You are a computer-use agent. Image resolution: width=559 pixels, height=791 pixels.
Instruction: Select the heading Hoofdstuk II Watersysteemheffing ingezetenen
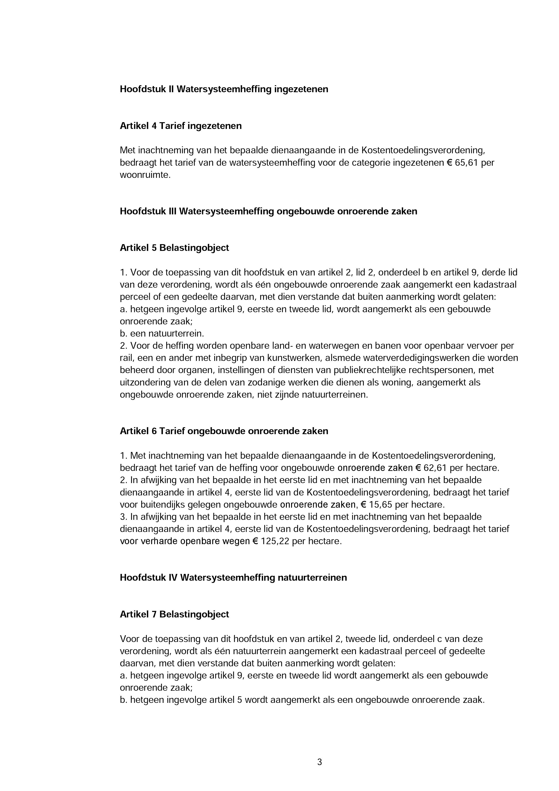[224, 89]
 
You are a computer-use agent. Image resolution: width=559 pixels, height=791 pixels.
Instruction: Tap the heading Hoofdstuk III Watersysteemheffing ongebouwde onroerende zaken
[268, 211]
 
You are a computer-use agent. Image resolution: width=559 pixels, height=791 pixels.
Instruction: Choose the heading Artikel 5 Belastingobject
[174, 248]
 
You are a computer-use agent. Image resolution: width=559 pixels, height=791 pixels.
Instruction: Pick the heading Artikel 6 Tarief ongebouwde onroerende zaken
[224, 431]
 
